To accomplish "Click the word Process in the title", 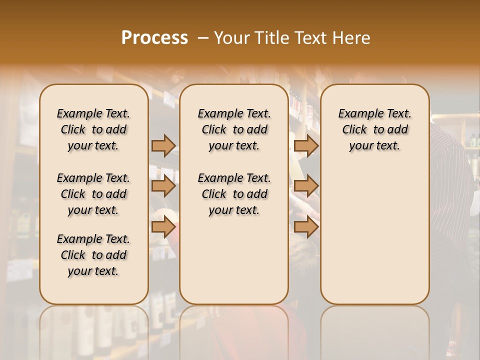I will click(154, 38).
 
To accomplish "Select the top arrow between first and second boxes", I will click(163, 145).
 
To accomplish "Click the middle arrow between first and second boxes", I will click(163, 186).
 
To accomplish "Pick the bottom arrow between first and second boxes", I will click(163, 227).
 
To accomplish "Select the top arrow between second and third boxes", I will click(306, 145).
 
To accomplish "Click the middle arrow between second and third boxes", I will click(306, 186).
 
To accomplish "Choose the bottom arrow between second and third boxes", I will click(306, 227).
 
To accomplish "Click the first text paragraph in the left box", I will click(93, 129).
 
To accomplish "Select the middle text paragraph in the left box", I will click(93, 194).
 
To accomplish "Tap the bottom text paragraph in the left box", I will click(93, 255).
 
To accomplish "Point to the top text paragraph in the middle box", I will click(234, 129).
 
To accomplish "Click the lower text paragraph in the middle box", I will click(234, 194).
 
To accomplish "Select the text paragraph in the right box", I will click(374, 129).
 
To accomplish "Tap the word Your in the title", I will click(230, 38).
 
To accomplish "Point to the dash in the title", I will click(203, 38).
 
